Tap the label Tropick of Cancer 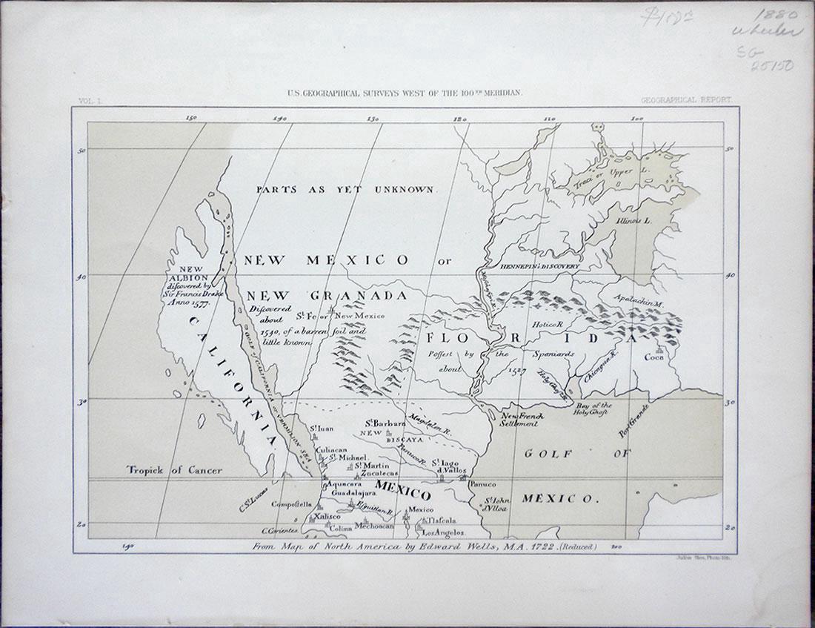click(174, 470)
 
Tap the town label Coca click(655, 358)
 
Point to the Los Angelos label click(443, 532)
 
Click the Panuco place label click(483, 483)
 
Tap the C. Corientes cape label click(280, 531)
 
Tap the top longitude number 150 click(192, 117)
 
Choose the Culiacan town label click(332, 449)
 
